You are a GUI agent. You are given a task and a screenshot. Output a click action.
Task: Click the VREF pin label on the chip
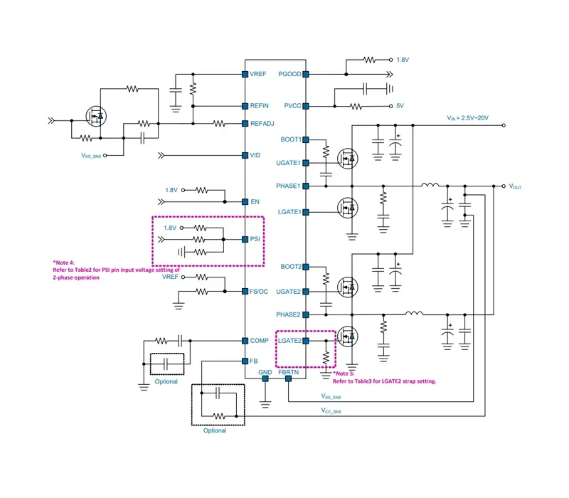(258, 74)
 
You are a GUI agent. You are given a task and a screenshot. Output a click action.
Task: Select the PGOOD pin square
(306, 75)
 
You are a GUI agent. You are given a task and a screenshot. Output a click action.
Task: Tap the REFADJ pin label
(262, 124)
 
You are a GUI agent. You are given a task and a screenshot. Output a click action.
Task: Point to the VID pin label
(255, 155)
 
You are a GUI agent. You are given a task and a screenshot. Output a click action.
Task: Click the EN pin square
(245, 202)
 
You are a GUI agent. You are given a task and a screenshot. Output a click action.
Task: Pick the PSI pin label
(255, 239)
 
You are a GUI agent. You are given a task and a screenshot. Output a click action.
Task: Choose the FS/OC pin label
(259, 292)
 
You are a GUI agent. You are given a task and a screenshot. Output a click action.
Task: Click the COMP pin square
(245, 341)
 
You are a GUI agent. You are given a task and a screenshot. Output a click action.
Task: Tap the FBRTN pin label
(289, 372)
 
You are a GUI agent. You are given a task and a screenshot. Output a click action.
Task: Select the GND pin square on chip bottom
(265, 378)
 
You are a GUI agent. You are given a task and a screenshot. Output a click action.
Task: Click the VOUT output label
(515, 186)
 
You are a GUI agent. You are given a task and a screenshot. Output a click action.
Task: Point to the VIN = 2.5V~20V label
(468, 118)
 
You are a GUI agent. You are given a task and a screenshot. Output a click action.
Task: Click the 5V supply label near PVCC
(400, 106)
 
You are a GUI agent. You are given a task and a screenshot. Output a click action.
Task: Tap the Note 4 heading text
(64, 263)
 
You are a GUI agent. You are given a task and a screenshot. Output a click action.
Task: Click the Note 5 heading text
(344, 373)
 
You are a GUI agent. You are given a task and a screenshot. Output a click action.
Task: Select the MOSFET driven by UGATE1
(348, 159)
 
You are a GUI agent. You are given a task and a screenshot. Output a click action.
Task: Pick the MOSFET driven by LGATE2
(348, 336)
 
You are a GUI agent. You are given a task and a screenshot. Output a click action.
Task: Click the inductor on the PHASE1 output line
(430, 185)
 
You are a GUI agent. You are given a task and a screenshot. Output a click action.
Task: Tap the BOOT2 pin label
(291, 267)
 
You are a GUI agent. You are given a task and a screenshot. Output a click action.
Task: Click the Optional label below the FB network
(215, 430)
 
